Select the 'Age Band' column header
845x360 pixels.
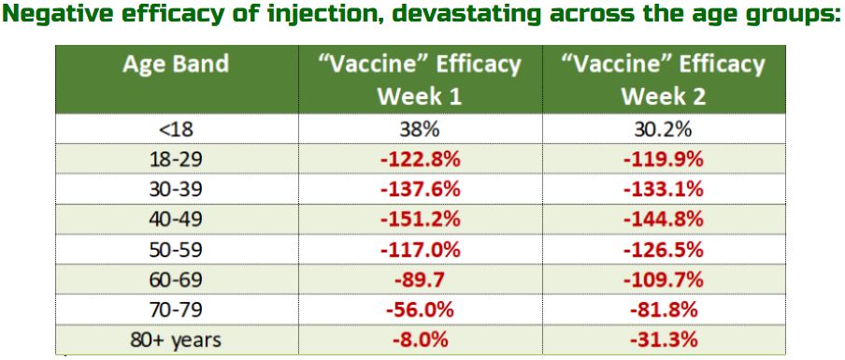[176, 65]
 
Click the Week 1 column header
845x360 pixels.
[421, 79]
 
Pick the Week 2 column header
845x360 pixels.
[664, 79]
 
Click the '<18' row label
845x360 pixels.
[177, 129]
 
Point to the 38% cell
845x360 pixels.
[421, 129]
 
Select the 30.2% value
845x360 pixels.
[664, 129]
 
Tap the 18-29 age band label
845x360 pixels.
[177, 160]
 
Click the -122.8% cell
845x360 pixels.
[421, 160]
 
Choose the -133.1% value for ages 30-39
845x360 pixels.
[664, 190]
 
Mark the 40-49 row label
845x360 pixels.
[177, 220]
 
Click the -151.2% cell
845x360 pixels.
[421, 220]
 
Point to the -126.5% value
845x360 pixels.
[664, 250]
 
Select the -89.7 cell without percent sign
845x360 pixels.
[421, 280]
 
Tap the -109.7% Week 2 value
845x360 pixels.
[664, 280]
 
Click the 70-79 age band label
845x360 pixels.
[177, 310]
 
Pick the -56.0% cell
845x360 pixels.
[421, 310]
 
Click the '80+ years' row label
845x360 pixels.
[176, 340]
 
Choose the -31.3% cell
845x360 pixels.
[664, 340]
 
